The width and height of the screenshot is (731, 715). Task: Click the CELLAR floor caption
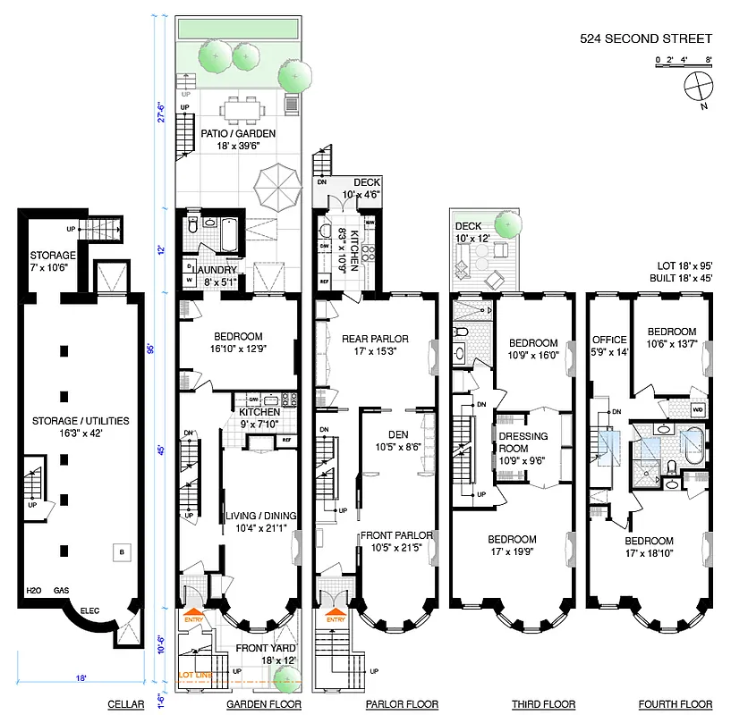click(126, 705)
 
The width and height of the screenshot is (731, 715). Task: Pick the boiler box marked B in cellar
click(119, 553)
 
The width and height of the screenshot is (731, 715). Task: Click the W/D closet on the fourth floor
click(698, 409)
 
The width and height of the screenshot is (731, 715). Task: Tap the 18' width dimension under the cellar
click(81, 678)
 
